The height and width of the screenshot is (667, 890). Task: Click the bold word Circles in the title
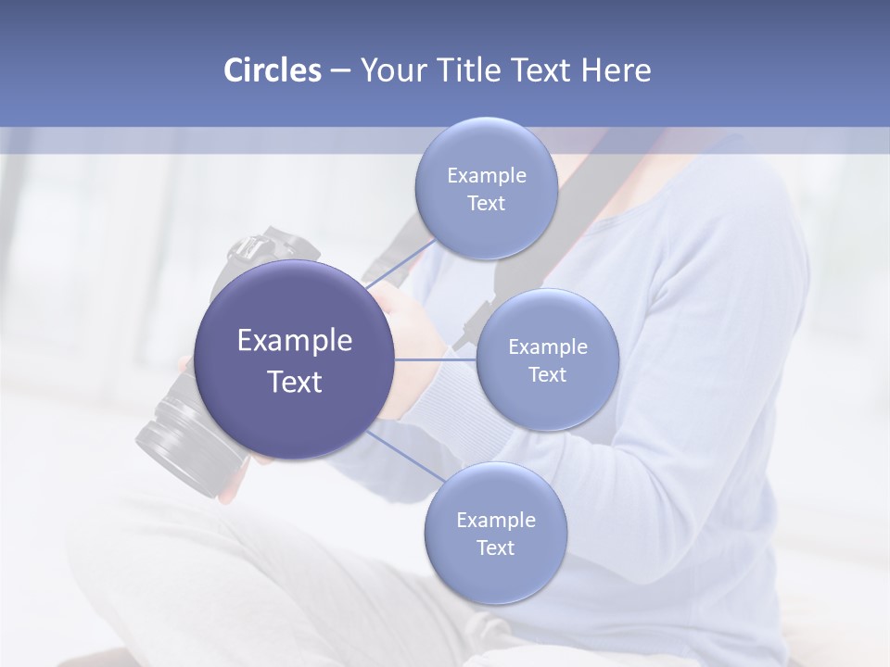click(272, 70)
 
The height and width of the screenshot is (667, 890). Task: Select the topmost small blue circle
click(486, 189)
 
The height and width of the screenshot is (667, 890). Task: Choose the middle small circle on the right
click(547, 359)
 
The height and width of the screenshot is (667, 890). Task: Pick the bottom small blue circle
click(495, 533)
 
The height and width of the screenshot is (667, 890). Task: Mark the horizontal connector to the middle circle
click(436, 359)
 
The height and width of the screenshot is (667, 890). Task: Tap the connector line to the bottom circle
click(406, 456)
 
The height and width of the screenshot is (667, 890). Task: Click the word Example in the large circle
click(295, 341)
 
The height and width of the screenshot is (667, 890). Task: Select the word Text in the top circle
click(486, 204)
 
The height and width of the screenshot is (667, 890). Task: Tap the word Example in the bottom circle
click(495, 520)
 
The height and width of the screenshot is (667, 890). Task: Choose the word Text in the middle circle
click(547, 374)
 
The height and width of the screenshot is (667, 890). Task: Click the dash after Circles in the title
click(339, 71)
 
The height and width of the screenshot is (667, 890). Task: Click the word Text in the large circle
click(295, 382)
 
